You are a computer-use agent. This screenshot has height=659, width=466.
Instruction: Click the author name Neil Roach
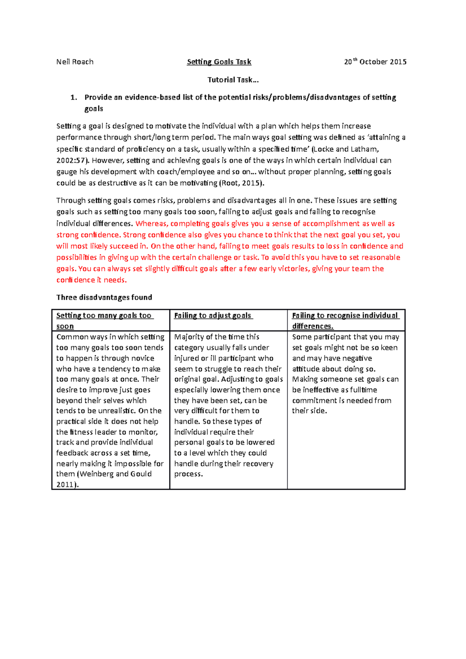pyautogui.click(x=75, y=62)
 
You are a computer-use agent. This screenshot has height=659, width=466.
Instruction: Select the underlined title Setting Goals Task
pyautogui.click(x=219, y=62)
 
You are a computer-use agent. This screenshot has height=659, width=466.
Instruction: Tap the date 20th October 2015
pyautogui.click(x=375, y=62)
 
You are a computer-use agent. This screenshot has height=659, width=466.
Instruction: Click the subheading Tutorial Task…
pyautogui.click(x=233, y=80)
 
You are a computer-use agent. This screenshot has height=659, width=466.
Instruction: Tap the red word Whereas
pyautogui.click(x=151, y=224)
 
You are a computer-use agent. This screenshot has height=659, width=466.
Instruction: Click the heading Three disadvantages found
pyautogui.click(x=104, y=297)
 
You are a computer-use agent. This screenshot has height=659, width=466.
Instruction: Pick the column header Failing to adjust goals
pyautogui.click(x=212, y=316)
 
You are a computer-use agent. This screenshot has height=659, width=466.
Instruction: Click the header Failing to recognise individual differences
pyautogui.click(x=345, y=321)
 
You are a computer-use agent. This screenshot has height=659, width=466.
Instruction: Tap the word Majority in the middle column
pyautogui.click(x=189, y=337)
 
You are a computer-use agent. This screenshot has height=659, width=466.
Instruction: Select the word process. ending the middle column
pyautogui.click(x=188, y=474)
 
